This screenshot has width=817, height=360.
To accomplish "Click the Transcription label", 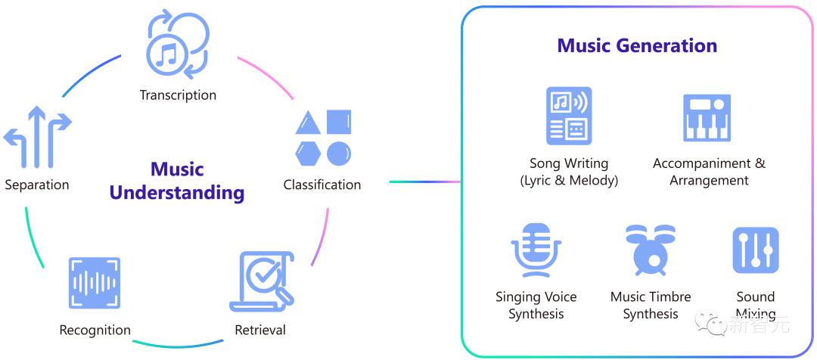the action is (x=178, y=95).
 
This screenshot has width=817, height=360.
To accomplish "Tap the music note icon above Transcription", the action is (x=177, y=45).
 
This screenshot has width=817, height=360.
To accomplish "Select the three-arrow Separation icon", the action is (x=37, y=136).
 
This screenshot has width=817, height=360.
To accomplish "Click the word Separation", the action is (x=37, y=185).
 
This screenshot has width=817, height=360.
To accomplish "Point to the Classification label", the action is (x=322, y=185).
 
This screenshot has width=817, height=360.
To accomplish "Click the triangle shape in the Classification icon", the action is (x=308, y=123).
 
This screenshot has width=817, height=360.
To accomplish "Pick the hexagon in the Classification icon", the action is (x=308, y=154).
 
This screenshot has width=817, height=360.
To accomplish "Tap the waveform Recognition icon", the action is (x=95, y=283).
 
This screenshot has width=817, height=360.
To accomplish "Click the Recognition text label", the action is (x=95, y=331).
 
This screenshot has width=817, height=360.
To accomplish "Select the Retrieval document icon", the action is (x=262, y=281).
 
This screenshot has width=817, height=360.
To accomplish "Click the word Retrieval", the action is (x=260, y=331).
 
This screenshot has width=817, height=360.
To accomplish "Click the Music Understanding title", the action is (x=177, y=181).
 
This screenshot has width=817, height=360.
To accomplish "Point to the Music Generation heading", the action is (x=637, y=45).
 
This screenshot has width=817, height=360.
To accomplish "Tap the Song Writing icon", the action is (x=569, y=116).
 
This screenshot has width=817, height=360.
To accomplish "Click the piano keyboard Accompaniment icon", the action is (x=707, y=118).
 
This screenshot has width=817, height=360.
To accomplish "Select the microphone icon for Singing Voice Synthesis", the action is (x=536, y=250).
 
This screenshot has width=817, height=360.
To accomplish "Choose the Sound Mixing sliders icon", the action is (x=756, y=250).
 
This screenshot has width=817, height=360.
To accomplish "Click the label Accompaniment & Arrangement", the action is (x=709, y=172).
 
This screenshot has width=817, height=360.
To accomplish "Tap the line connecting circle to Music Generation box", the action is (x=425, y=182).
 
